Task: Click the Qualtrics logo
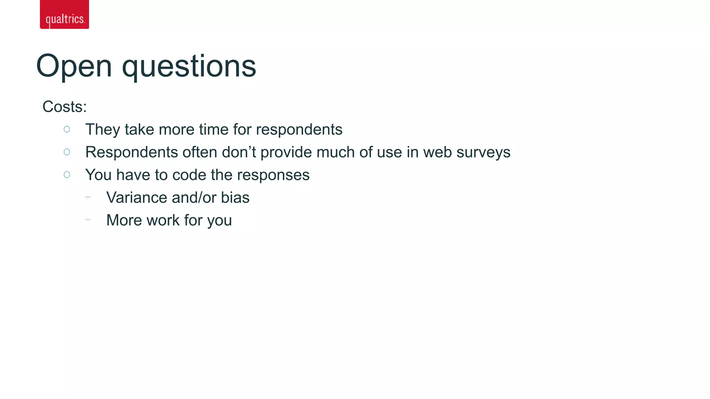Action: coord(64,15)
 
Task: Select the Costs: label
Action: coord(64,107)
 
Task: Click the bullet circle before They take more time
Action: coord(67,129)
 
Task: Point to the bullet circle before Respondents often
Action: coord(67,152)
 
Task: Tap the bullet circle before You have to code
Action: coord(67,175)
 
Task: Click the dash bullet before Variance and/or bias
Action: coord(88,197)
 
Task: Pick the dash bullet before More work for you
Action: coord(88,220)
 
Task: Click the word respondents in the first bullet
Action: coord(299,130)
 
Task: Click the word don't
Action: coord(239,152)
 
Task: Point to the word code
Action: coord(189,175)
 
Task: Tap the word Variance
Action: coord(137,197)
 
